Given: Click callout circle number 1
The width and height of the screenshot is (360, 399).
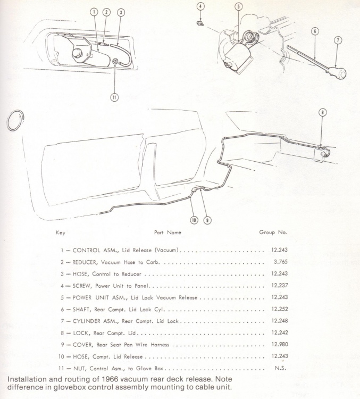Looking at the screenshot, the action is click(x=95, y=12).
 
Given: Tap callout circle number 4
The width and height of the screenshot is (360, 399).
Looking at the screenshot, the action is click(x=201, y=6).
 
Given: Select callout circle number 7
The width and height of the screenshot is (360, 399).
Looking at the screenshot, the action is click(x=338, y=40).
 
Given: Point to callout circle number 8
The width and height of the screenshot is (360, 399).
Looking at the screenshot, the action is click(x=323, y=112).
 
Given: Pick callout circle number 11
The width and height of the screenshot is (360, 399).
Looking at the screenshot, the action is click(x=114, y=97).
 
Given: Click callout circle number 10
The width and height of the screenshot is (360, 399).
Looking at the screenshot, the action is click(x=194, y=220).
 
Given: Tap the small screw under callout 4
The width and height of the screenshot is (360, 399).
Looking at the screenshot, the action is click(x=200, y=24).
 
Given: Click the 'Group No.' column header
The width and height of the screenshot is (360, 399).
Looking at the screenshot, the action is click(x=273, y=232).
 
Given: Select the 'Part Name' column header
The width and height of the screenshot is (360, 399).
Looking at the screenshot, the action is click(x=168, y=232).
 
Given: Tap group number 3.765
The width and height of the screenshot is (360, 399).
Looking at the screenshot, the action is click(x=281, y=262).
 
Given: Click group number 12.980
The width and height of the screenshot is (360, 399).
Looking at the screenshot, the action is click(x=280, y=344).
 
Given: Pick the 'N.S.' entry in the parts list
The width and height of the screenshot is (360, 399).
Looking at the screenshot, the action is click(x=280, y=368).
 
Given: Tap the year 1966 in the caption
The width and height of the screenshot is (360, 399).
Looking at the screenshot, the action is click(x=110, y=379).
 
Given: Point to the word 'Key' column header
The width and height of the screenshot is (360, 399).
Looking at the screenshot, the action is click(x=61, y=232).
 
